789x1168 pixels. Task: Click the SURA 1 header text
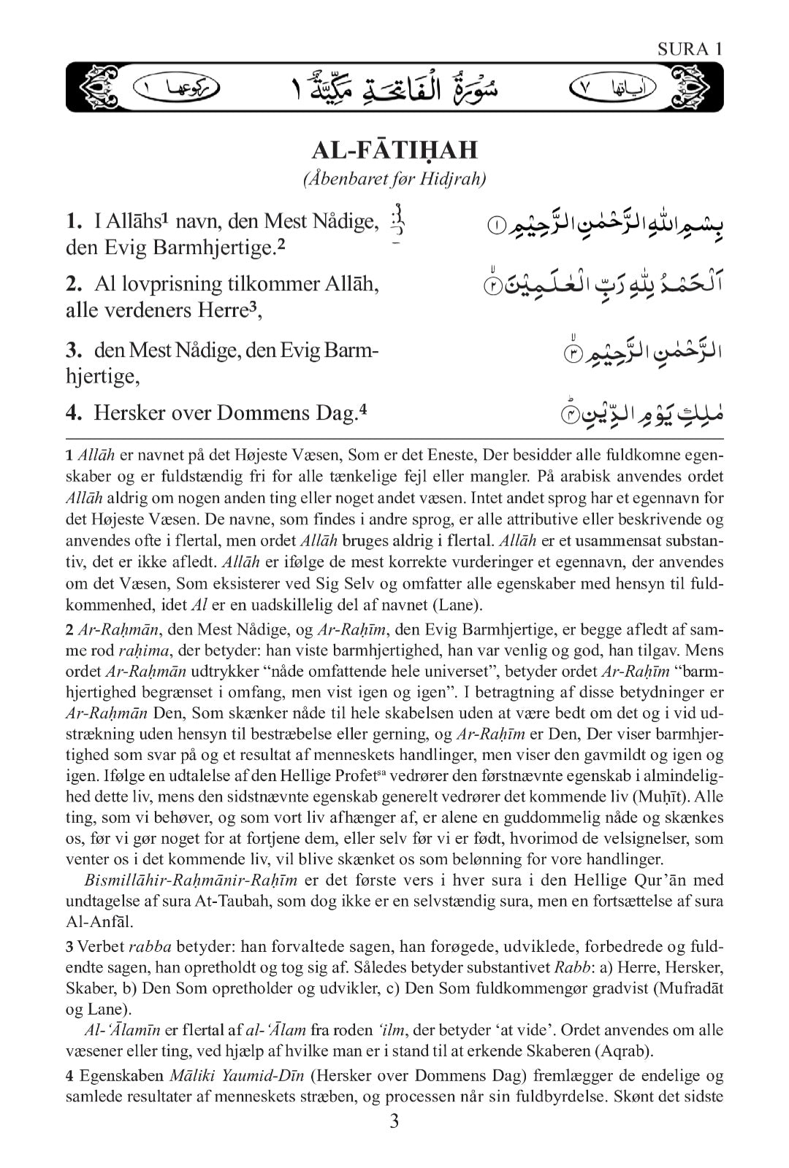[x=690, y=50]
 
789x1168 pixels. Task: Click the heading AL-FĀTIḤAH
[x=394, y=150]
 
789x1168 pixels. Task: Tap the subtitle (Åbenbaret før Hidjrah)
[x=394, y=180]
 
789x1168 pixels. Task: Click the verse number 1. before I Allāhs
[x=75, y=220]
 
